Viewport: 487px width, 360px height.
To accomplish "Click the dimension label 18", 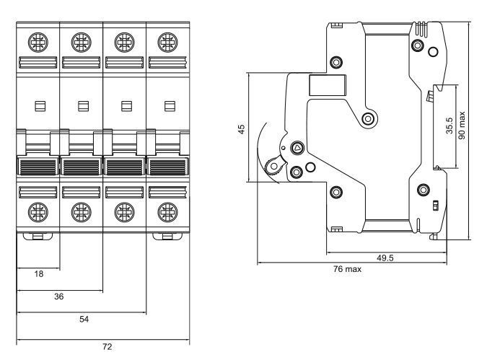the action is pos(39,273).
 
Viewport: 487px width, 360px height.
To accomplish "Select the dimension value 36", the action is pos(59,297).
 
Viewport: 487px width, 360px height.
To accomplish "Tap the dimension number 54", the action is pos(84,319).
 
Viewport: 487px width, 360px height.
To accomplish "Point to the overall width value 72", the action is pos(108,346).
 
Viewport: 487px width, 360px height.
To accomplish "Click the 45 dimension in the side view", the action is pos(241,129).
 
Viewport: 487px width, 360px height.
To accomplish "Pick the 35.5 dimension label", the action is pos(449,126).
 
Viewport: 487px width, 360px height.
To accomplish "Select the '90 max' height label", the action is pos(462,126).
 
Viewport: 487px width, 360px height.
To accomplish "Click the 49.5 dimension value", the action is pos(385,258).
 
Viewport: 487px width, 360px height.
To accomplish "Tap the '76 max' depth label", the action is pos(347,269).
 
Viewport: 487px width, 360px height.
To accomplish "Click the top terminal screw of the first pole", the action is pos(38,43).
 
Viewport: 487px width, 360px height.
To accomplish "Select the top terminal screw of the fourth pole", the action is pos(167,43).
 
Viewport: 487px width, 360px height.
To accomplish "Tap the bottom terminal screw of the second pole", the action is pos(81,212).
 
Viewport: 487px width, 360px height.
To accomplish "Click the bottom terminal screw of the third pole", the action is pos(124,212).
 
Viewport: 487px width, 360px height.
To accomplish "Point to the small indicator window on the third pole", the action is pos(126,106).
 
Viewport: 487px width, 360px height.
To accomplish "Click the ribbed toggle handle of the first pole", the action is pos(38,166).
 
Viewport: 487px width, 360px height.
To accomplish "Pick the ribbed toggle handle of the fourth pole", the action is pos(167,166).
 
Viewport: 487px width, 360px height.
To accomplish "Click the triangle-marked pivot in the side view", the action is pos(297,148).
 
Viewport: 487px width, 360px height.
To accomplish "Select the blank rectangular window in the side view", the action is pos(328,85).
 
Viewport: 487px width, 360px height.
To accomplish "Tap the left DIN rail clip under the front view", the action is pos(38,236).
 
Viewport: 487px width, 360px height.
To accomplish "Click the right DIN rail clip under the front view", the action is pos(167,236).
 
